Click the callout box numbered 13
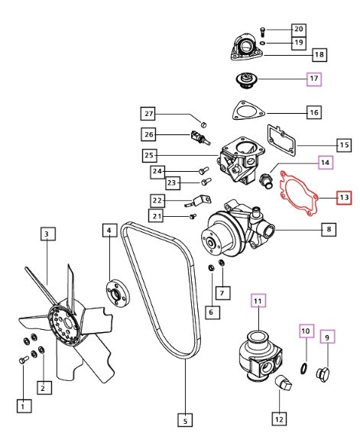[344, 197]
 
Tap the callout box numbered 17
[314, 79]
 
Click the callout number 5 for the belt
[184, 418]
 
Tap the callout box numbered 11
[258, 301]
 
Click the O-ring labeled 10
[304, 370]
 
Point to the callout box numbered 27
[151, 115]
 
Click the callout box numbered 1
[26, 406]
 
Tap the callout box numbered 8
[329, 228]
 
